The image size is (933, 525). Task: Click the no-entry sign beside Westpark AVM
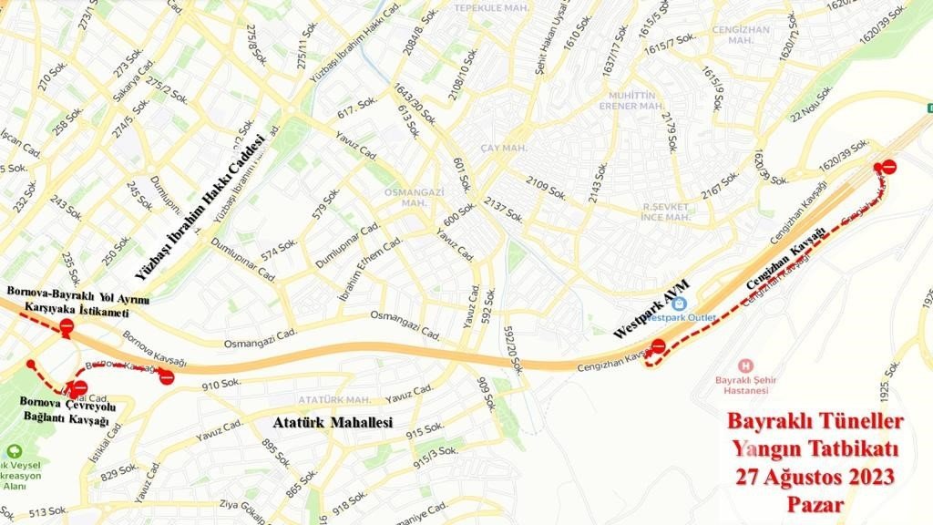coord(659,346)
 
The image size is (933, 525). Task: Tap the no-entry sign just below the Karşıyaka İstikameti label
coord(65,327)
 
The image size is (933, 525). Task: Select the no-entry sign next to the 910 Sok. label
coord(166,376)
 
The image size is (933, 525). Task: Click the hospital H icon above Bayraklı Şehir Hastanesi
coord(746,364)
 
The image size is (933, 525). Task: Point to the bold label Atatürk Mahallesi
coord(333,423)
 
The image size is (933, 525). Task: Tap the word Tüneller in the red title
coord(858,423)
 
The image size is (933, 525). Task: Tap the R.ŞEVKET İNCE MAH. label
coord(665,212)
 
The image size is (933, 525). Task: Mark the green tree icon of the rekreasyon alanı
coord(15,451)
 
